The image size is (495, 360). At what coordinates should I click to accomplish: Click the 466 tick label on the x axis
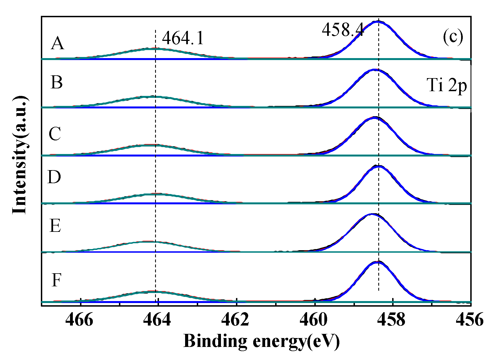coord(79,320)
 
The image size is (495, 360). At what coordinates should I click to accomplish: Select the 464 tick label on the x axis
coord(157,320)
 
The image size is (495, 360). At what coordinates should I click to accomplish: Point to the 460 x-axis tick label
coord(314,320)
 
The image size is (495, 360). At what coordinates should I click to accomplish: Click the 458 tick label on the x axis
coord(392,320)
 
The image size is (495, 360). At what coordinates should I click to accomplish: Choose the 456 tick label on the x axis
coord(470,320)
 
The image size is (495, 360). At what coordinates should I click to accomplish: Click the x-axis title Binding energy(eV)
coord(261,341)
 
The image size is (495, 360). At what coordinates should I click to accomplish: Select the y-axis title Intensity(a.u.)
coord(20,155)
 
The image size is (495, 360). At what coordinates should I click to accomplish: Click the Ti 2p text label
coord(447,85)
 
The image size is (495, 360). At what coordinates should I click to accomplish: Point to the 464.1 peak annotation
coord(183,38)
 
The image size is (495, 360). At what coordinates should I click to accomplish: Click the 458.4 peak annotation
coord(343,30)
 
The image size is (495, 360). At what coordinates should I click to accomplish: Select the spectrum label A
coord(58,44)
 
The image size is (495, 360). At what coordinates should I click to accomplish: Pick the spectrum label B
coord(57,83)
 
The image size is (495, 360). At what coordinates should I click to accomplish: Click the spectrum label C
coord(55,134)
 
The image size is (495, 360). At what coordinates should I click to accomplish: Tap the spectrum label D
coord(54,177)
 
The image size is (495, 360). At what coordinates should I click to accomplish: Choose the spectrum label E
coord(55,225)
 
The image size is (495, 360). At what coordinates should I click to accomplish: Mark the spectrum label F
coord(56,280)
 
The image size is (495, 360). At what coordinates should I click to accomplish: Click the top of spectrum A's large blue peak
coord(377,21)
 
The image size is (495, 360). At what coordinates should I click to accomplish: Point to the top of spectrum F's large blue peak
coord(377,262)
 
